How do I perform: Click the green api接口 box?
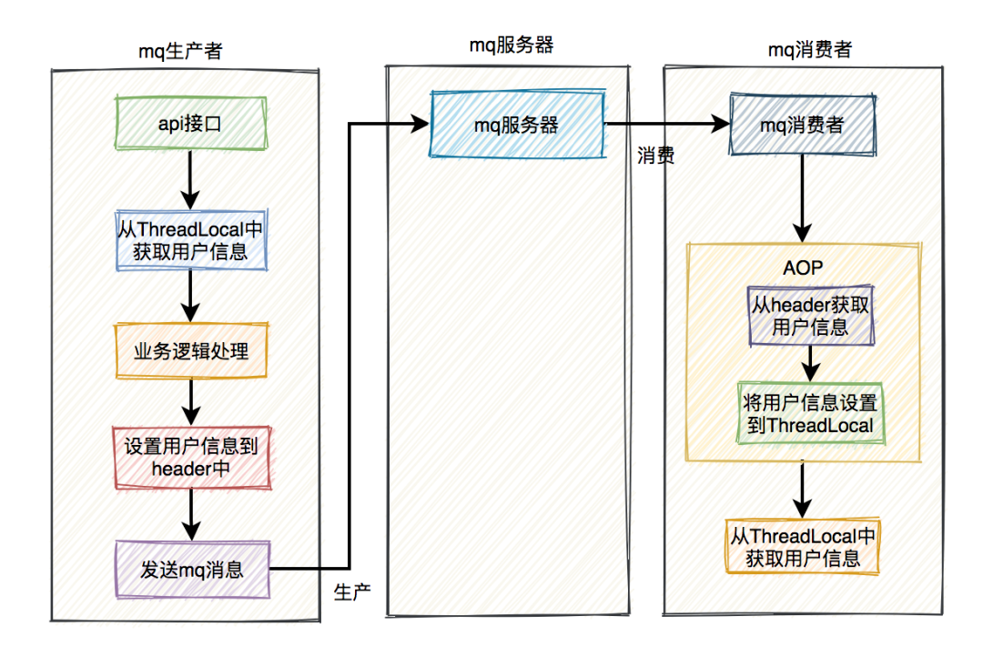tap(191, 123)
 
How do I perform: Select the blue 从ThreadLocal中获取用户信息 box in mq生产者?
tap(191, 240)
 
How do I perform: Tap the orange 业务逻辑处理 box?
tap(191, 350)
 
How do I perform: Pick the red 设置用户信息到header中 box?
tap(192, 457)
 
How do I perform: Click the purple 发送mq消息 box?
tap(192, 570)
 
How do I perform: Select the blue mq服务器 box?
tap(517, 124)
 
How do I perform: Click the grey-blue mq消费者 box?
tap(803, 124)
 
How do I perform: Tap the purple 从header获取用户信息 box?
tap(811, 316)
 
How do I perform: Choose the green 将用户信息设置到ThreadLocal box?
tap(811, 413)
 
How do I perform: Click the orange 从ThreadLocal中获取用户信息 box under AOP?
tap(803, 546)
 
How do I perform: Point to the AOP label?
tap(803, 268)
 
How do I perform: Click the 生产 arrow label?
tap(352, 591)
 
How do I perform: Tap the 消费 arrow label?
tap(655, 155)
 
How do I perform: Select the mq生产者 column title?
tap(180, 51)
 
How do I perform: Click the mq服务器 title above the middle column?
tap(512, 45)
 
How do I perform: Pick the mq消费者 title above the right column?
tap(810, 49)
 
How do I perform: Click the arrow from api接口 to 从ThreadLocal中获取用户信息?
tap(190, 180)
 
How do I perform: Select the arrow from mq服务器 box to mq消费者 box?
tap(667, 124)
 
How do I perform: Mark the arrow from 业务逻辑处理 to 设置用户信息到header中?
tap(191, 402)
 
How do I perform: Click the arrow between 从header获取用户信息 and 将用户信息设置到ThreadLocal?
tap(811, 364)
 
